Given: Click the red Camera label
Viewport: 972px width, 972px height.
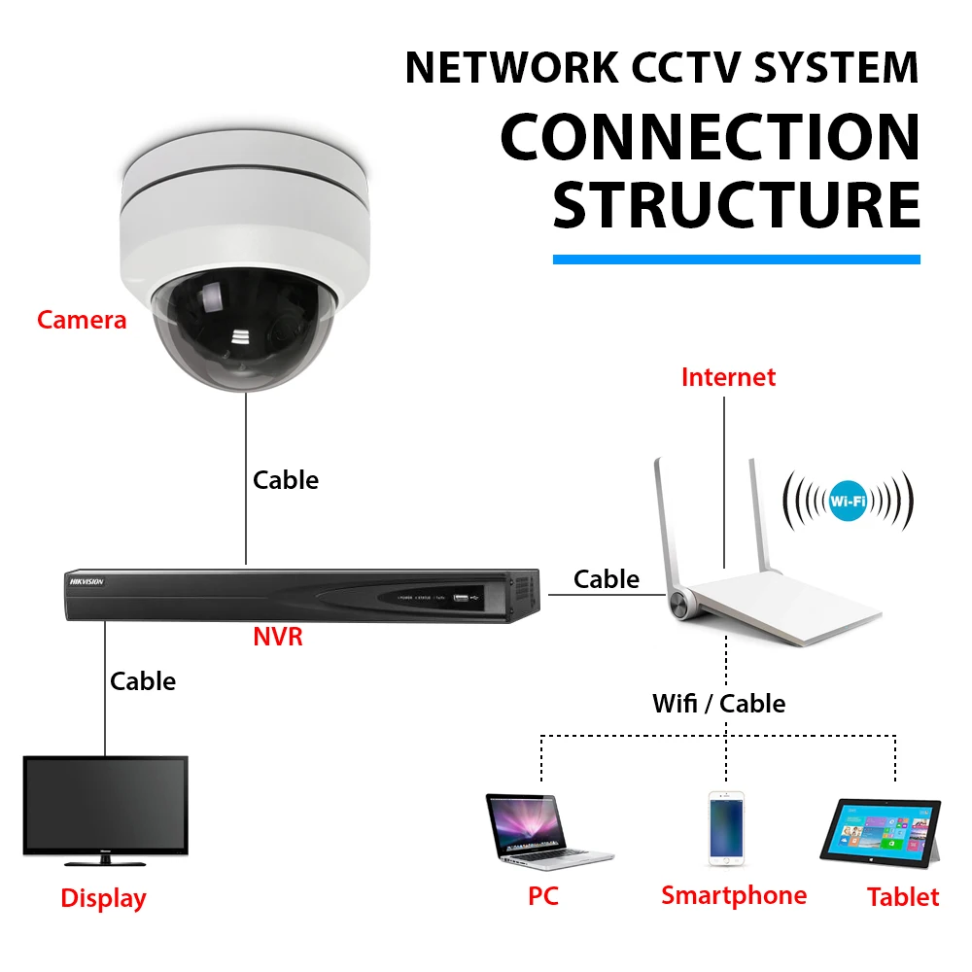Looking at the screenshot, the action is point(82,320).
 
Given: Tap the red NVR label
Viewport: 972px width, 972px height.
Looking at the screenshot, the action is point(278,637).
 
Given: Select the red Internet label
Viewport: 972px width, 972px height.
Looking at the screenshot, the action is point(728,377).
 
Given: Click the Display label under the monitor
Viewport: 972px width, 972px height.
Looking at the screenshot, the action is point(104,899).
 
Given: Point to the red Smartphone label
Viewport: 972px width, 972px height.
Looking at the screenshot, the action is point(734,896).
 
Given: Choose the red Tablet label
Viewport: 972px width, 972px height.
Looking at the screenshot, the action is point(903,897).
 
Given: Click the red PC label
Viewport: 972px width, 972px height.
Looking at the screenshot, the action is point(543,896).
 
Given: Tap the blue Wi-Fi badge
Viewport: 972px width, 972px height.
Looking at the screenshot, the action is point(848,501).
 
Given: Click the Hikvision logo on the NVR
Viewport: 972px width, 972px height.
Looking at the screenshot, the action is point(87,581).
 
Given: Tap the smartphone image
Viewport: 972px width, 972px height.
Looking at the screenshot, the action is point(726,828).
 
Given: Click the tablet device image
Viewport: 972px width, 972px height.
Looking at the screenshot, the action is point(881,833).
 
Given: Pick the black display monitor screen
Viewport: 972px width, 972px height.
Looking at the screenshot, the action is point(105,805).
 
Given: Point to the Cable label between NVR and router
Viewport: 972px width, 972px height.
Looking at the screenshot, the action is point(607,579).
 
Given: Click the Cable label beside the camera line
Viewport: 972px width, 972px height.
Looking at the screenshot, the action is point(286,480).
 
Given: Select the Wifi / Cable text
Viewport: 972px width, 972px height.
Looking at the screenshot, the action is point(719,704).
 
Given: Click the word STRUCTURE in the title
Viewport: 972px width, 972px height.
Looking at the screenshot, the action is point(737,205).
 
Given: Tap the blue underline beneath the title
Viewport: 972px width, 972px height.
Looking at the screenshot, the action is point(737,260).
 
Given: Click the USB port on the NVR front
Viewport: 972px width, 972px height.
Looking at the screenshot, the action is point(461,598).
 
